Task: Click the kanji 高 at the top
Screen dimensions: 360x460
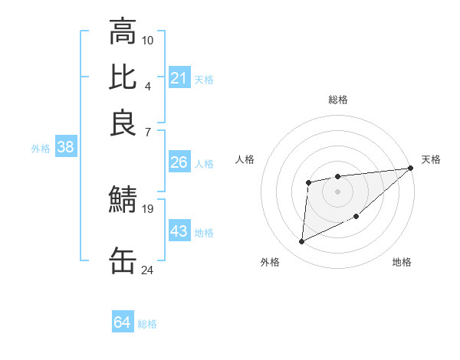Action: pyautogui.click(x=123, y=32)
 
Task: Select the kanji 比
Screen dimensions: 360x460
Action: pyautogui.click(x=123, y=77)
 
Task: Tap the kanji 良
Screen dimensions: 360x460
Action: pyautogui.click(x=123, y=123)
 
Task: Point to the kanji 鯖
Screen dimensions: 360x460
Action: pyautogui.click(x=123, y=199)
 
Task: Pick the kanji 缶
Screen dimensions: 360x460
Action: pyautogui.click(x=123, y=260)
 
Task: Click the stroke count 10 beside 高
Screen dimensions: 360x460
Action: pyautogui.click(x=148, y=39)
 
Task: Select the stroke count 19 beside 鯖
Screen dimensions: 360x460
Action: pyautogui.click(x=148, y=208)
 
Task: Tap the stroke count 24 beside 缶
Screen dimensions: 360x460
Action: pyautogui.click(x=148, y=270)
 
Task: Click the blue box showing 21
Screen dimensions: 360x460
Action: pyautogui.click(x=179, y=78)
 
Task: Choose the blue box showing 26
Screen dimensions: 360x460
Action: pyautogui.click(x=179, y=162)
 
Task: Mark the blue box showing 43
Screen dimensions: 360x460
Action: pyautogui.click(x=179, y=231)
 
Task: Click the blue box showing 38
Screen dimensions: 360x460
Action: pyautogui.click(x=65, y=148)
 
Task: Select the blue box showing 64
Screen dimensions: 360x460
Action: pyautogui.click(x=123, y=322)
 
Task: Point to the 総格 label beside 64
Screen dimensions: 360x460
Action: pyautogui.click(x=147, y=324)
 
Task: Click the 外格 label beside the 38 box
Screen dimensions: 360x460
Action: pyautogui.click(x=40, y=149)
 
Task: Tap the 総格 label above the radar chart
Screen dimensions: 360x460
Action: pyautogui.click(x=337, y=100)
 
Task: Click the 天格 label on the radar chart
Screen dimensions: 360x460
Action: pyautogui.click(x=431, y=159)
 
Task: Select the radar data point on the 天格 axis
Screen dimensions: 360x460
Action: pyautogui.click(x=410, y=169)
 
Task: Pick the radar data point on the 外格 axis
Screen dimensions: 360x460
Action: pyautogui.click(x=301, y=242)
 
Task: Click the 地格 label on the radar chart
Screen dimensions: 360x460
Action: pyautogui.click(x=402, y=263)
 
